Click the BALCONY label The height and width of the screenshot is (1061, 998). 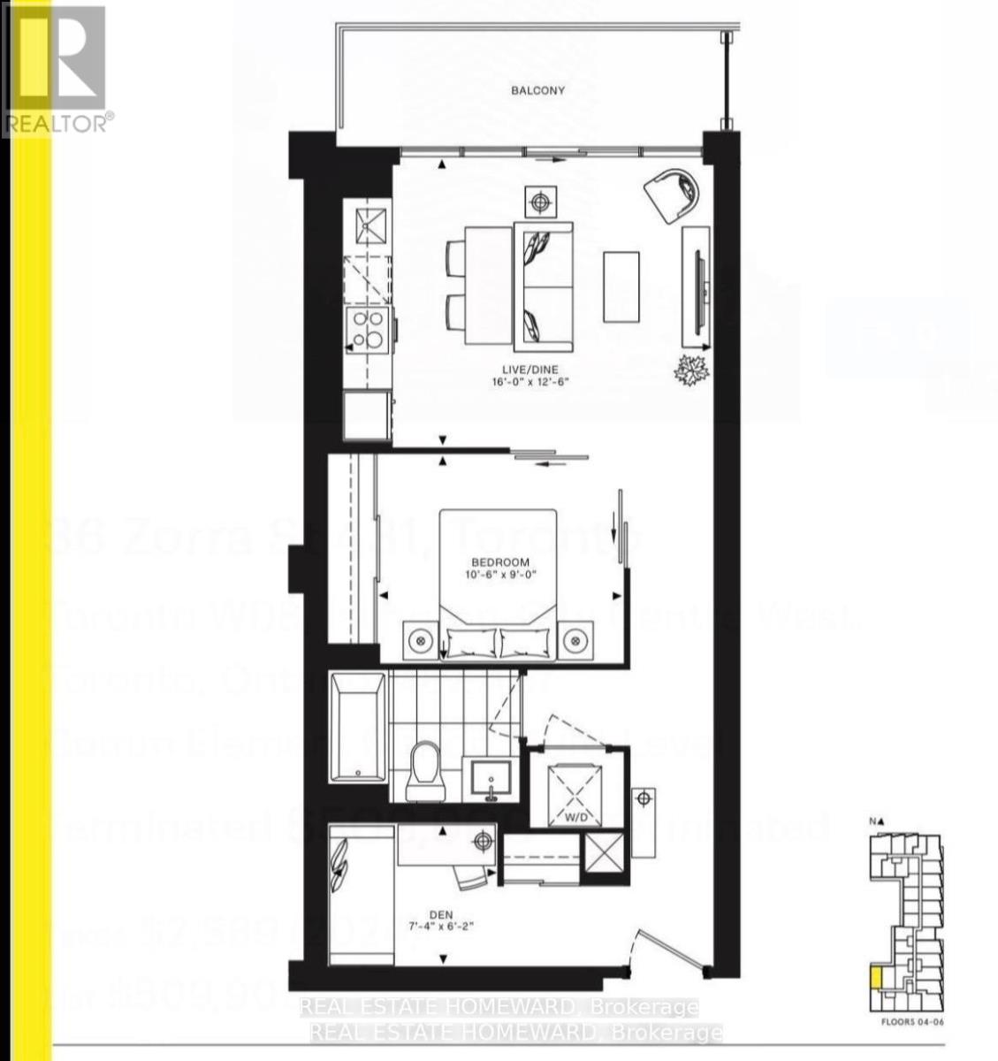[x=537, y=90]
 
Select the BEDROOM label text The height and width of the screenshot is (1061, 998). [x=499, y=562]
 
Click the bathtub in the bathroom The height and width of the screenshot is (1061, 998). [x=357, y=728]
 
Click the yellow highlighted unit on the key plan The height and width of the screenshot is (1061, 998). [x=874, y=978]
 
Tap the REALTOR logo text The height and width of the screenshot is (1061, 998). [x=59, y=122]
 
